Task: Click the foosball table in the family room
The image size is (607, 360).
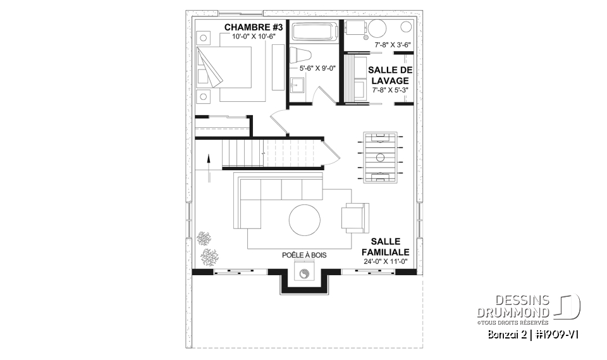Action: click(x=381, y=157)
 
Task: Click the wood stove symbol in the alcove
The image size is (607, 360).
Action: click(x=305, y=274)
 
